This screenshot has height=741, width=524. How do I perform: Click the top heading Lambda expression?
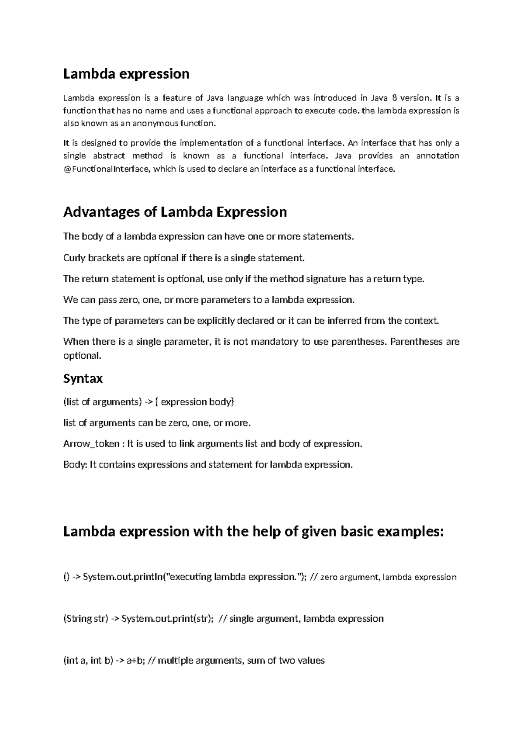coord(126,74)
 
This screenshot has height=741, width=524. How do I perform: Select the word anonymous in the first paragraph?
coord(154,124)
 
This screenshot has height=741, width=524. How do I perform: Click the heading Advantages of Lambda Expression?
coord(175,212)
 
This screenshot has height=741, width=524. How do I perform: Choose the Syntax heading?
coord(83,378)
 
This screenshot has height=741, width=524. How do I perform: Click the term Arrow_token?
coord(91,444)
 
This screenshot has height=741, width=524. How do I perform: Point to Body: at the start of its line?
coord(75,465)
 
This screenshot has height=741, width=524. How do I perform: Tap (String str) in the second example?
coord(85,619)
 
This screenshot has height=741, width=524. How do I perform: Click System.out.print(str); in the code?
coord(167,619)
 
